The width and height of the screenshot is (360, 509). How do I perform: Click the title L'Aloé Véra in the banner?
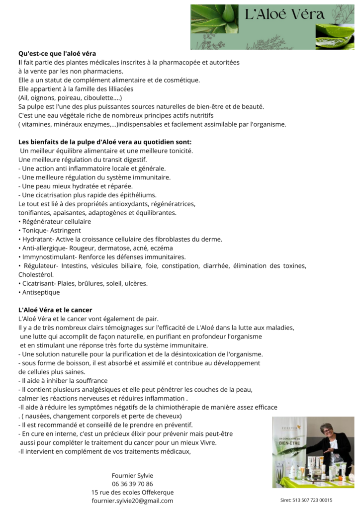click(x=284, y=14)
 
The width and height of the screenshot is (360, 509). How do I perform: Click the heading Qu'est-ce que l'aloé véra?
click(x=57, y=53)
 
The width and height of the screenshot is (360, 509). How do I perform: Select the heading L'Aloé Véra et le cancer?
click(x=55, y=310)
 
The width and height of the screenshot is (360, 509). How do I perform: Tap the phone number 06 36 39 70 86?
click(x=132, y=484)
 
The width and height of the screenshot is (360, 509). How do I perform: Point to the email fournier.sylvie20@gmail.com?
click(x=132, y=501)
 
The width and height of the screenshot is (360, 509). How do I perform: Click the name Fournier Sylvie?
click(x=132, y=475)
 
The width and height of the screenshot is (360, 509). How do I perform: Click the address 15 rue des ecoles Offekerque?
click(x=132, y=492)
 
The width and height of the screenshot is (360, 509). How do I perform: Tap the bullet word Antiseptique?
click(x=40, y=292)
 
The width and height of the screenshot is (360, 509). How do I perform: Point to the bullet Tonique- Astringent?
click(x=51, y=231)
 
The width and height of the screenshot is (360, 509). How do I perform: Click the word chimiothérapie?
click(x=198, y=407)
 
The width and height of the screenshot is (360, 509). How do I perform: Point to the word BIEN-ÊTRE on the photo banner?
click(x=289, y=441)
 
